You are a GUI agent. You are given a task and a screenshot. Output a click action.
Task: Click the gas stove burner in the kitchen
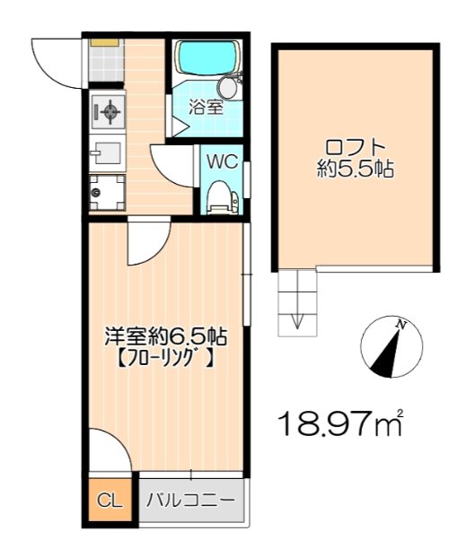click(x=107, y=113)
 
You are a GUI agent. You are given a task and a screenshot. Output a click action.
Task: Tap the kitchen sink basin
click(x=106, y=152)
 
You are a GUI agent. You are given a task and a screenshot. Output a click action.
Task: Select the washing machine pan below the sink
click(x=107, y=191)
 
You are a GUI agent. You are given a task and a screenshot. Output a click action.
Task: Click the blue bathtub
click(x=203, y=60)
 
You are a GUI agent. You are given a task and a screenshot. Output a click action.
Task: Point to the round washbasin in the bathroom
click(x=230, y=87)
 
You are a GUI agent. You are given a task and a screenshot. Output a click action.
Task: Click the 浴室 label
click(x=205, y=107)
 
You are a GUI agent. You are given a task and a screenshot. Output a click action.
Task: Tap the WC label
click(x=222, y=162)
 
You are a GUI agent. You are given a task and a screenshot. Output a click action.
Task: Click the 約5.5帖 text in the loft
click(x=356, y=169)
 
